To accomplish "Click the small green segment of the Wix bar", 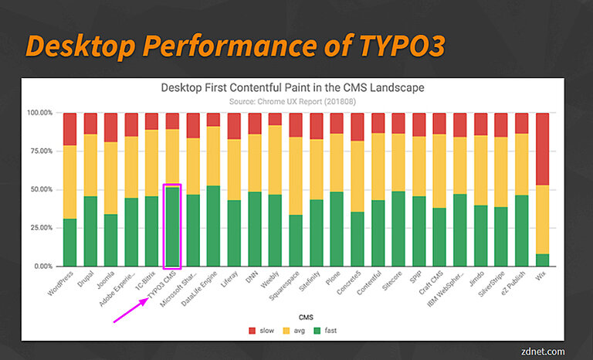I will [x=542, y=260].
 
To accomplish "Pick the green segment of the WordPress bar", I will [x=70, y=243].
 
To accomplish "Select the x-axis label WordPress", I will [x=61, y=285].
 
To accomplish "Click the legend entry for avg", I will [x=294, y=331].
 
